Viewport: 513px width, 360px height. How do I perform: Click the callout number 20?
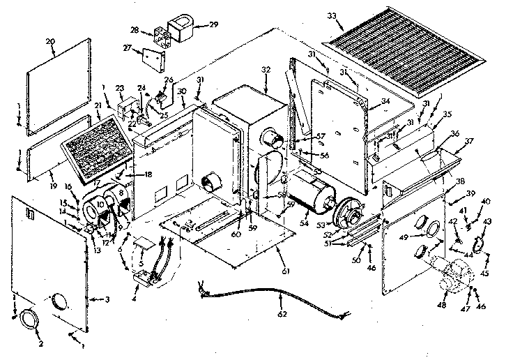point(50,41)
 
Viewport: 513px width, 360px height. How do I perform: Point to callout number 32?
point(265,70)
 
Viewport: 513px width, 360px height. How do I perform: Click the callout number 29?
point(213,24)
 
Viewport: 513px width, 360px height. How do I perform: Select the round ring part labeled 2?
point(29,320)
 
